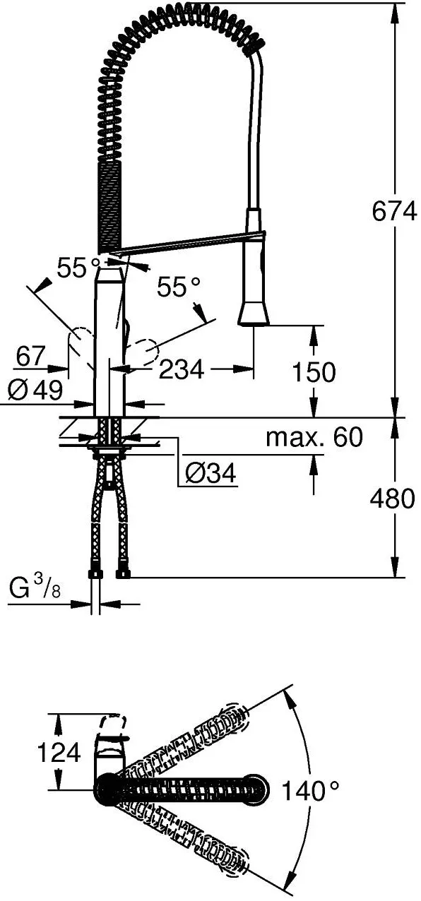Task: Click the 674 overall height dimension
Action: click(x=394, y=211)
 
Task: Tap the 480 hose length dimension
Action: click(x=392, y=499)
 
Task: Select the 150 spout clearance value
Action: click(x=314, y=372)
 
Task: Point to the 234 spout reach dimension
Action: click(x=182, y=369)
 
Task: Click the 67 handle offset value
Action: click(x=31, y=356)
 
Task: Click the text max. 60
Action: click(x=314, y=437)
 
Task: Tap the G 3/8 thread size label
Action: click(x=35, y=590)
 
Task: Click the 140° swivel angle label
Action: click(x=310, y=790)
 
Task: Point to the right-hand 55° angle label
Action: click(x=179, y=287)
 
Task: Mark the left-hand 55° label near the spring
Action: click(x=78, y=268)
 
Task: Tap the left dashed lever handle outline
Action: click(x=81, y=342)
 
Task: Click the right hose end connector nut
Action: click(x=122, y=574)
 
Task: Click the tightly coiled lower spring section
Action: click(x=109, y=205)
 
